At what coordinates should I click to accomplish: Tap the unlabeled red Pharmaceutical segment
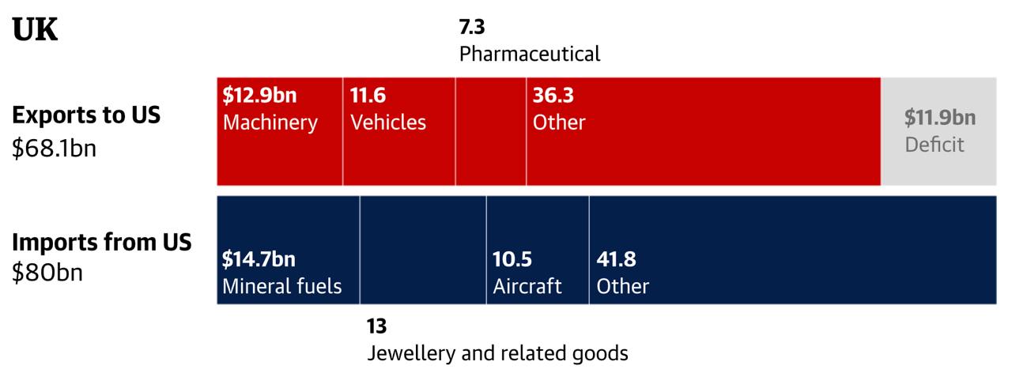pyautogui.click(x=491, y=131)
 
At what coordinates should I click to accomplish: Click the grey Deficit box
pyautogui.click(x=938, y=131)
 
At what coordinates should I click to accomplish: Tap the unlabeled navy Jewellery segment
pyautogui.click(x=423, y=250)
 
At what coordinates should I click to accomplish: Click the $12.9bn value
pyautogui.click(x=259, y=96)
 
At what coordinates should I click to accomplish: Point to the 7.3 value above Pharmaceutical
pyautogui.click(x=472, y=28)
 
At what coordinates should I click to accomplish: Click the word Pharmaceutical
pyautogui.click(x=530, y=54)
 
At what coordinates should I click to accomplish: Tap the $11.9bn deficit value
pyautogui.click(x=940, y=119)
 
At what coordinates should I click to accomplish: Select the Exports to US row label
pyautogui.click(x=86, y=115)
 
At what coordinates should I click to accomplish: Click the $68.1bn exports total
pyautogui.click(x=54, y=148)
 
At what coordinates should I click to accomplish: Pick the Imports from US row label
pyautogui.click(x=101, y=243)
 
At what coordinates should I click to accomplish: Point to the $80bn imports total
pyautogui.click(x=47, y=273)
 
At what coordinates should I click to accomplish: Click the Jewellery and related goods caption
pyautogui.click(x=497, y=353)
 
